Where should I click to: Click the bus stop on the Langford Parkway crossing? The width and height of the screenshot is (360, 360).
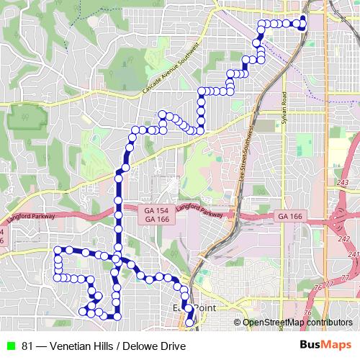click(118, 215)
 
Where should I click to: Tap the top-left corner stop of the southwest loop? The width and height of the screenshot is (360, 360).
click(58, 250)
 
